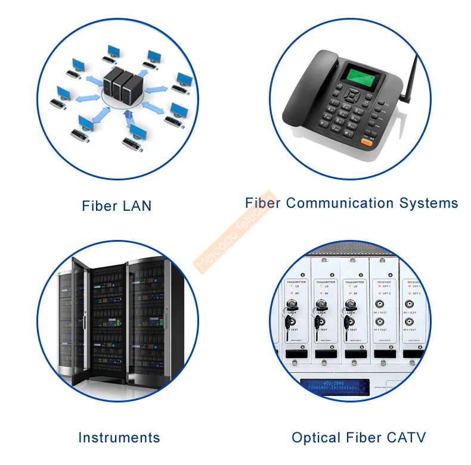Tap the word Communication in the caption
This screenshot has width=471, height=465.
[x=340, y=203]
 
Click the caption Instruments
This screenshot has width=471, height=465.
[x=119, y=438]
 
